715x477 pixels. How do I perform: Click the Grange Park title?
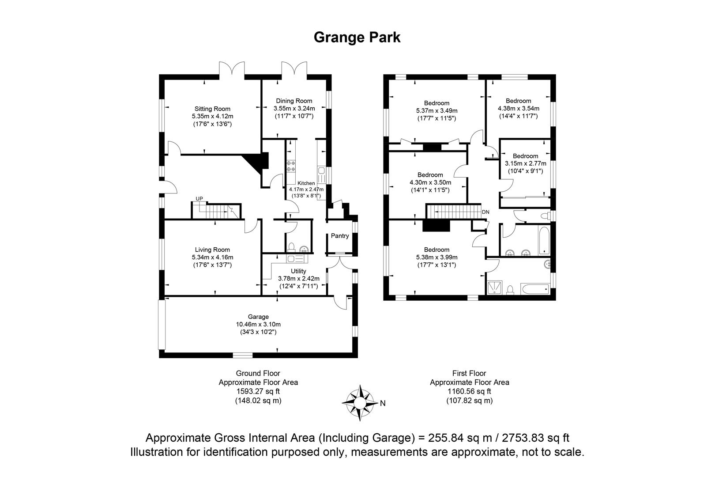pos(357,38)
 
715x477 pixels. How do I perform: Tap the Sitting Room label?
pos(212,109)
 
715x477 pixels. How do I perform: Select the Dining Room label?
pos(294,101)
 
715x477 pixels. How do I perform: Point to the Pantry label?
pos(340,236)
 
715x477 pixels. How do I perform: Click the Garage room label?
pos(258,317)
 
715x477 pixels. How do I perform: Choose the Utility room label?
pos(298,271)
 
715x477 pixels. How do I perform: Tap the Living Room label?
pos(212,250)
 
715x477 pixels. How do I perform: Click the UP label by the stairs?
pos(199,199)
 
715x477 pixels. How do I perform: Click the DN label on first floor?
pos(485,212)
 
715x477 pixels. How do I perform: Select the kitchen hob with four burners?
pos(291,166)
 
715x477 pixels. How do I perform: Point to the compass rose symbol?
pos(360,402)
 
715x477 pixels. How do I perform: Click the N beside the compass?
pos(383,403)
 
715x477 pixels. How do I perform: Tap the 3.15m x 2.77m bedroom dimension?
pos(525,163)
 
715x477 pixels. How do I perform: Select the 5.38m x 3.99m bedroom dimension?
pos(437,257)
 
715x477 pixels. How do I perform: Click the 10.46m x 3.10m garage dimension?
pos(258,324)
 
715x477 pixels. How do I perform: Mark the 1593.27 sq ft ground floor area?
pos(258,391)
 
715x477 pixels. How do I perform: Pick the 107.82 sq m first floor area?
pos(469,401)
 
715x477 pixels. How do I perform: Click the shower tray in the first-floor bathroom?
pos(494,287)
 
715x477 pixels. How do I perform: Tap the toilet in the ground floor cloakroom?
pos(291,248)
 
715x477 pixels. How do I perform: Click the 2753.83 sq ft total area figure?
pos(536,437)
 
